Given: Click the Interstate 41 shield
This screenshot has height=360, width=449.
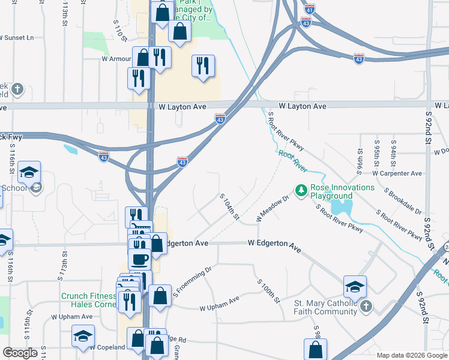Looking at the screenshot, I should [309, 11].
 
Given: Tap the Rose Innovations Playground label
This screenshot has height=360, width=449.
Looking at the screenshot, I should [340, 191].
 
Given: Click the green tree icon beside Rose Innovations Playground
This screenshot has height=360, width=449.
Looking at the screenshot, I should [301, 191].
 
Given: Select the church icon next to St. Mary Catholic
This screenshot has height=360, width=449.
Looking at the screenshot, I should [366, 307].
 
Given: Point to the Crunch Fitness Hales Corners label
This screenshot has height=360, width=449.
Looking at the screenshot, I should [88, 300].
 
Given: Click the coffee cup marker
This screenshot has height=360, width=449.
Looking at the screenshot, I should [139, 260].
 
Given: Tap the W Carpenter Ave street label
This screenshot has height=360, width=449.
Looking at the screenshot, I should [397, 173].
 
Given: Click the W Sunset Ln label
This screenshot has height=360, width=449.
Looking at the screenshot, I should [17, 37].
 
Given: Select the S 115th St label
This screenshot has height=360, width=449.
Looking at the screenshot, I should [28, 323].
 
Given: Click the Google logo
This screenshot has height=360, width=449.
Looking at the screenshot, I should [20, 353].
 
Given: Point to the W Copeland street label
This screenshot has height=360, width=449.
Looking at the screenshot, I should [108, 347].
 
